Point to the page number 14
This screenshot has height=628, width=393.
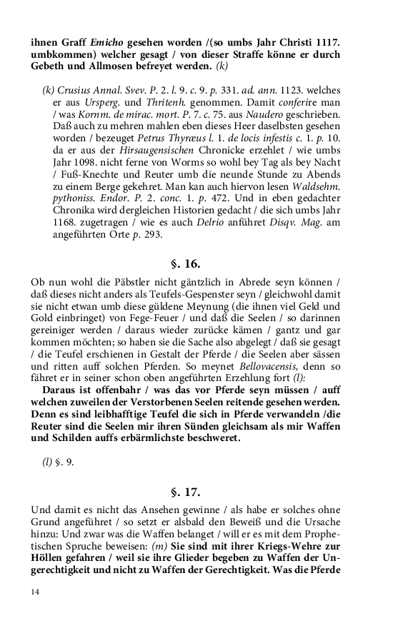35,592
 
